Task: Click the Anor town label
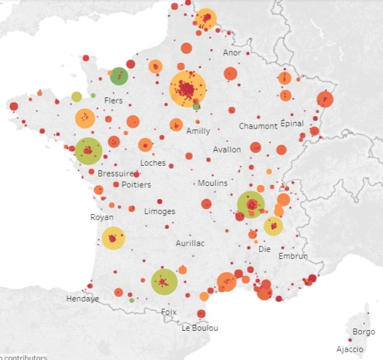click(x=232, y=53)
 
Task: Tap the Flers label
click(x=113, y=100)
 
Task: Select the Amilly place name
click(x=198, y=131)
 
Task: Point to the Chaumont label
click(x=258, y=126)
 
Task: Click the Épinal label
click(x=292, y=123)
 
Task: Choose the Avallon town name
click(x=227, y=150)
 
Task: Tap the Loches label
click(x=153, y=163)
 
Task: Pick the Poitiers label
click(x=136, y=185)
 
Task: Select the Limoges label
click(x=160, y=211)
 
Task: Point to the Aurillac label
click(x=190, y=243)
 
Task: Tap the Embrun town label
click(x=293, y=256)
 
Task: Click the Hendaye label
click(x=83, y=298)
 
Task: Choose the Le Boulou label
click(x=200, y=328)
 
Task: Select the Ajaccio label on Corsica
click(x=349, y=349)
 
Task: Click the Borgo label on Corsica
click(x=364, y=331)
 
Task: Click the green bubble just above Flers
click(x=119, y=77)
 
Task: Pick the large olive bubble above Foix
click(x=164, y=282)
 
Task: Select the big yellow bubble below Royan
click(x=113, y=238)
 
